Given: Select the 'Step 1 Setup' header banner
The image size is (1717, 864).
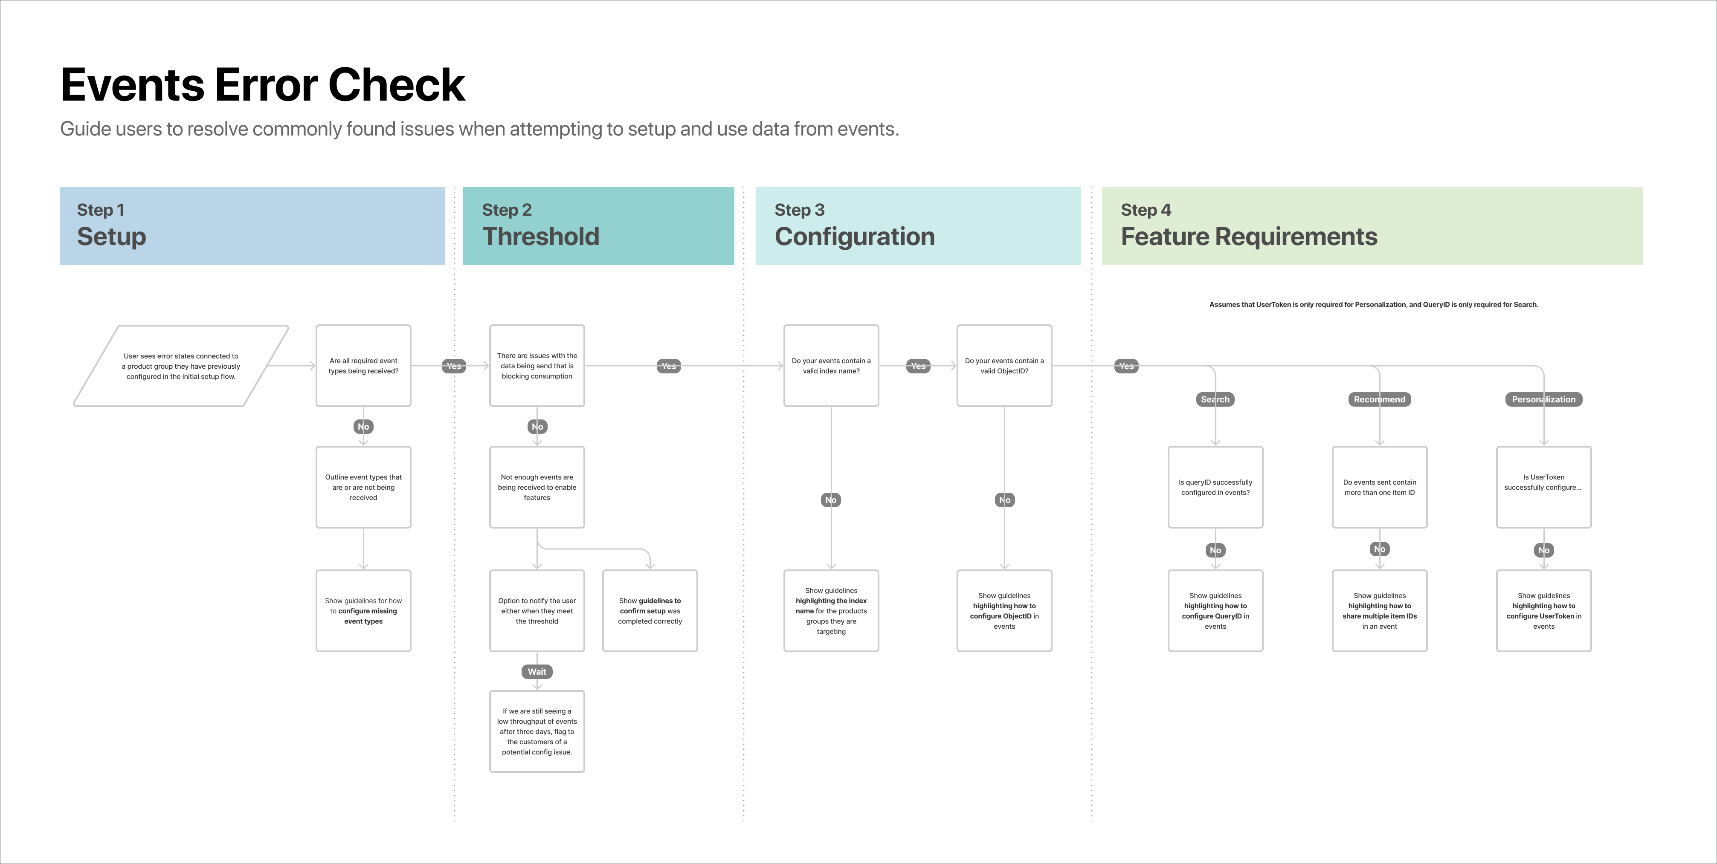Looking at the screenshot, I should point(252,226).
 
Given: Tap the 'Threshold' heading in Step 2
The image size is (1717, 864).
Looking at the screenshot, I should point(541,237).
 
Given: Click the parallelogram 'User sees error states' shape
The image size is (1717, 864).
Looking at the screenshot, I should point(181,366).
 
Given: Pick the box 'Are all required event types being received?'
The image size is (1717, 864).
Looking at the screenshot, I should point(363,366).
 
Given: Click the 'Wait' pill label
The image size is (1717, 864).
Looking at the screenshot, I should point(537,671).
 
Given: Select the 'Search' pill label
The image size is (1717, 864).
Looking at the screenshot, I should point(1215,399).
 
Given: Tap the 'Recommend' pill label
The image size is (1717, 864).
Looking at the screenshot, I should point(1379,399).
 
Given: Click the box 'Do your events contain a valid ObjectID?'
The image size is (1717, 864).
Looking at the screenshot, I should point(1004,366).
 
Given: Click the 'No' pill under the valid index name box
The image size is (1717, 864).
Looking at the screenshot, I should point(830,500).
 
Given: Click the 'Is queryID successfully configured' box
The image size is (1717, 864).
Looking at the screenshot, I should point(1215,487).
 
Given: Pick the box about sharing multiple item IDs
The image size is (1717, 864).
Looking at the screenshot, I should point(1379,610).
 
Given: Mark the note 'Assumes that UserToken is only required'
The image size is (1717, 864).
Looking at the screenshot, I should point(1373,304).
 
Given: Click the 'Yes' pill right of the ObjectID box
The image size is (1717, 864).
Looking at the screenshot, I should point(1126,366).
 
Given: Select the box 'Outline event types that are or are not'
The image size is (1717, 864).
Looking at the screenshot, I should point(363,487).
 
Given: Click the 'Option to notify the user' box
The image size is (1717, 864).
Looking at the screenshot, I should point(537,610).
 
